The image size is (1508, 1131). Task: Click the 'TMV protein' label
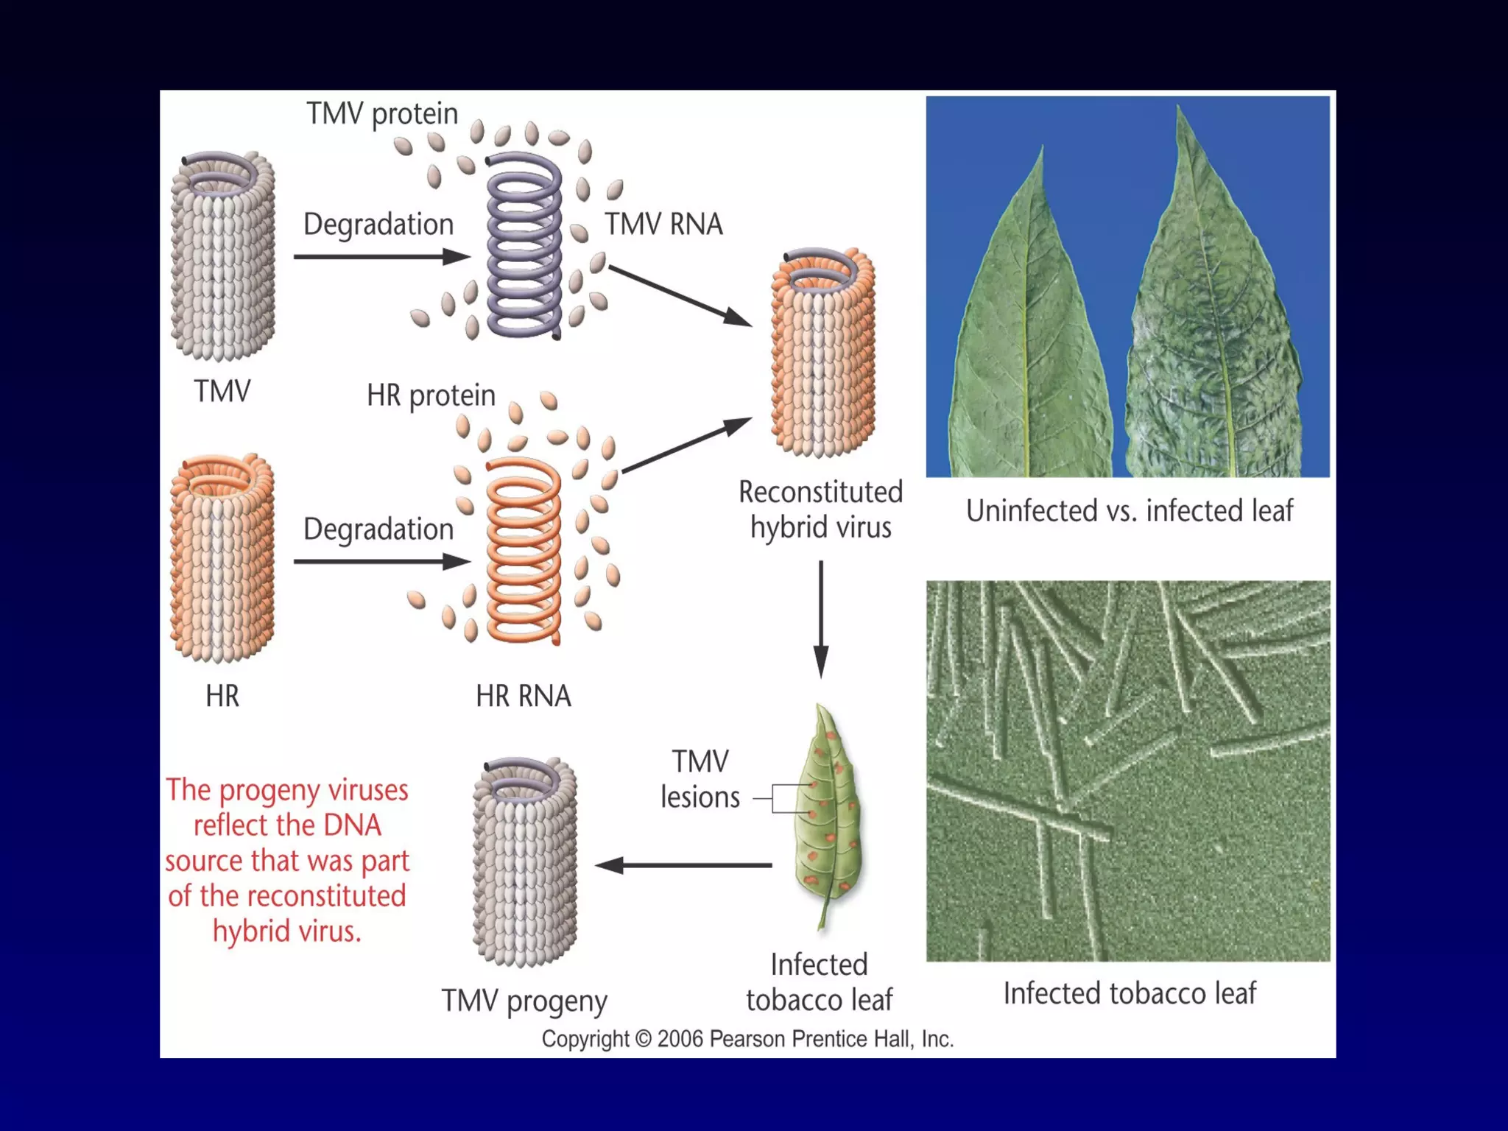382,114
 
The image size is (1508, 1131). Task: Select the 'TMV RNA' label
663,224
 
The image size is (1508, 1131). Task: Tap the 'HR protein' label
431,396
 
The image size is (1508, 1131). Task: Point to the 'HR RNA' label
523,696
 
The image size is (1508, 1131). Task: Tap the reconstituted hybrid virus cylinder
822,353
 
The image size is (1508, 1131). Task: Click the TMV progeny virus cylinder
524,862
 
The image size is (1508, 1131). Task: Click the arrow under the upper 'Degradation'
381,257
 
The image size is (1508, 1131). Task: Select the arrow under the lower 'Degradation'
381,562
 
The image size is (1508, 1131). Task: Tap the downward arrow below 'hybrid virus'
821,619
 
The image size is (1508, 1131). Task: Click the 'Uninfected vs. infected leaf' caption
1129,511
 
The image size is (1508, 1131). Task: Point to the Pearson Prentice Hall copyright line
747,1039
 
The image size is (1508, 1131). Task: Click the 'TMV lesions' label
700,780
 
